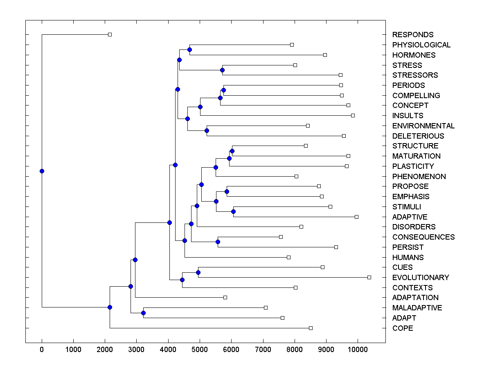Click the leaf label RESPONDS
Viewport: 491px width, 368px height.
click(412, 35)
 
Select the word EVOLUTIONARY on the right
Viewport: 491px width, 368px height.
click(420, 278)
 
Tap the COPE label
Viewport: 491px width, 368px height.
click(402, 328)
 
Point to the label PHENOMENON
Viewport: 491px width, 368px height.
click(419, 177)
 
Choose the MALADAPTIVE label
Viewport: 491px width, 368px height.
click(417, 308)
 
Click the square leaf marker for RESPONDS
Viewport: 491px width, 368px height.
click(110, 35)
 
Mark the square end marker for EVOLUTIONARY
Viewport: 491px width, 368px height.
click(369, 277)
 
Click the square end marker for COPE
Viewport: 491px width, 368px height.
click(311, 328)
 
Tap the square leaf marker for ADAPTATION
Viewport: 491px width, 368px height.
click(225, 297)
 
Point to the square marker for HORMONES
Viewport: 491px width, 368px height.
click(325, 55)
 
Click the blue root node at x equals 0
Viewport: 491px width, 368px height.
click(42, 171)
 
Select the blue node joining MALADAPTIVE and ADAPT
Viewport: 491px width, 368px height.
click(143, 313)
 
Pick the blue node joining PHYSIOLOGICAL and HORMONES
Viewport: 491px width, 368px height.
click(189, 49)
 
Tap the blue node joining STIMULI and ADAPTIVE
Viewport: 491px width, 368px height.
click(233, 211)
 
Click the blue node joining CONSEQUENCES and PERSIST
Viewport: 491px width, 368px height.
click(218, 242)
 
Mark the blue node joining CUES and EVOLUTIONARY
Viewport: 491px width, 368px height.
click(198, 272)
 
